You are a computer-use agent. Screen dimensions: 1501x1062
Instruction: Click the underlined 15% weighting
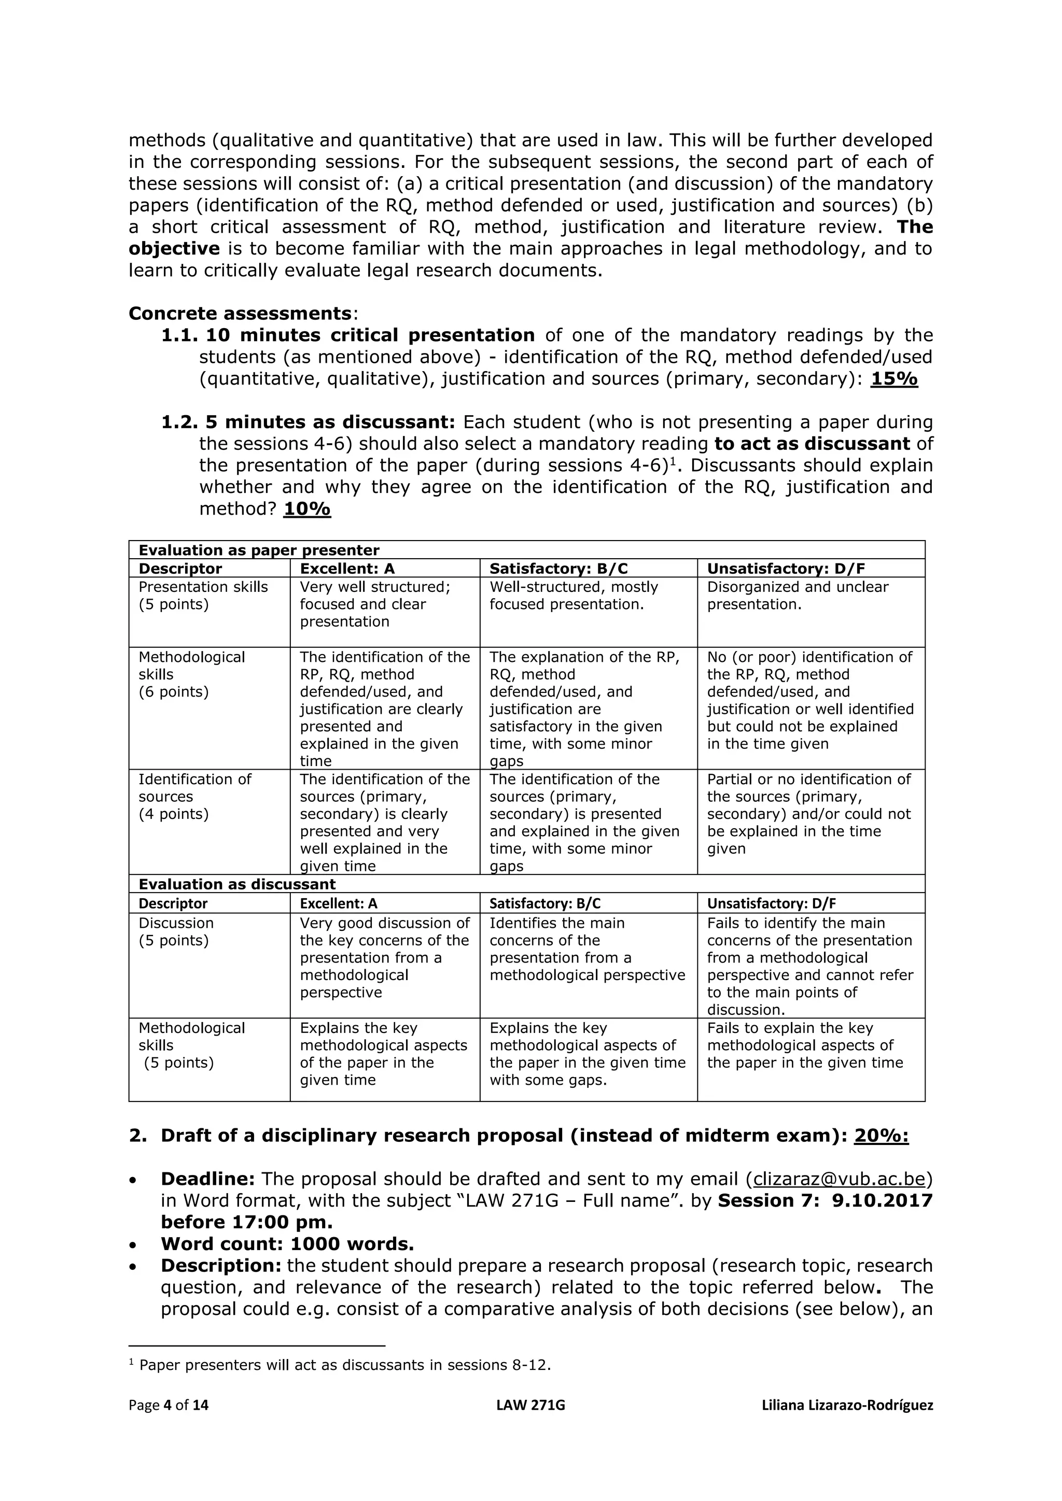894,379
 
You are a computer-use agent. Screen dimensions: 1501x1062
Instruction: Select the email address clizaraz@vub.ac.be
840,1179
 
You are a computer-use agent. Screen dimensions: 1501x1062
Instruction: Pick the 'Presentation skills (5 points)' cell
203,596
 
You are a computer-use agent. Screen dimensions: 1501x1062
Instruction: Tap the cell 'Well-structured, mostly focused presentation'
574,596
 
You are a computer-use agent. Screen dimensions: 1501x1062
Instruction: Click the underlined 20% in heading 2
882,1136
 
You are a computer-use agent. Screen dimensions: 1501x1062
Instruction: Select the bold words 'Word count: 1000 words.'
288,1243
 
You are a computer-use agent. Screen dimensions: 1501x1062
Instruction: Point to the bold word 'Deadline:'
208,1179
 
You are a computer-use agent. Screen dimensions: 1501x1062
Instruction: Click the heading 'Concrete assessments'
240,313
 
